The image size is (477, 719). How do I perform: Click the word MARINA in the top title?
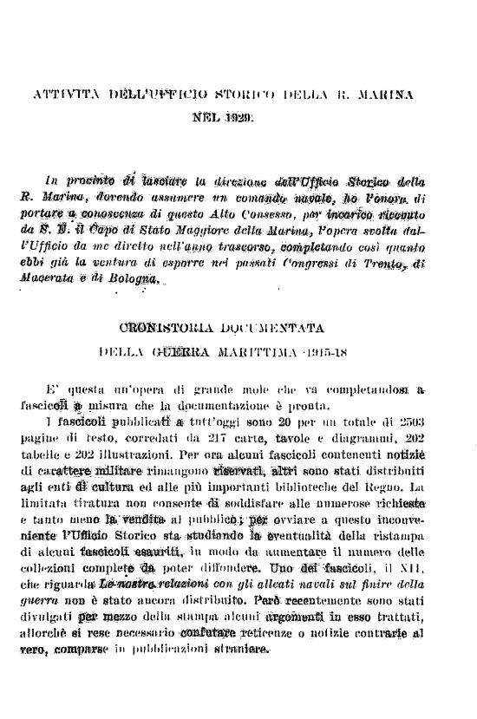pyautogui.click(x=385, y=91)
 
